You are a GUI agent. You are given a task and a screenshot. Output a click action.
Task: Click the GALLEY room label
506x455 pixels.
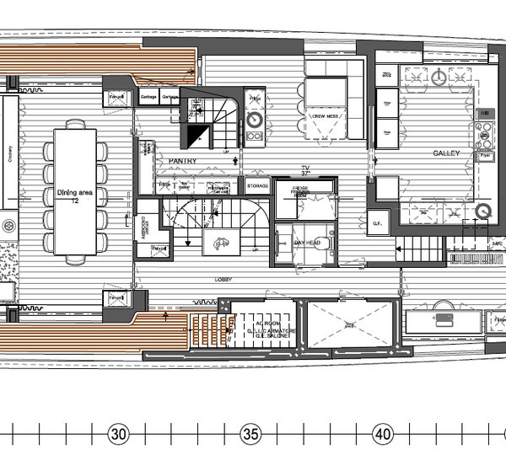[446, 153]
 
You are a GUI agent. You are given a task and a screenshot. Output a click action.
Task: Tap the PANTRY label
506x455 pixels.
[182, 160]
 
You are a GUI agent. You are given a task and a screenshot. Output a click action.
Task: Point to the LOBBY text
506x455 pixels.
[223, 278]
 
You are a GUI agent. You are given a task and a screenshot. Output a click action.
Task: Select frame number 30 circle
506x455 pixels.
[118, 435]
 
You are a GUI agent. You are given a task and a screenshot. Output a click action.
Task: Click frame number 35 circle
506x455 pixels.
[250, 435]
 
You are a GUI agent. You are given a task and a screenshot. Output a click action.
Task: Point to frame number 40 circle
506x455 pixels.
[383, 435]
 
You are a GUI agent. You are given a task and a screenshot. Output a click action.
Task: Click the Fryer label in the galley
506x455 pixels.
[485, 156]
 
